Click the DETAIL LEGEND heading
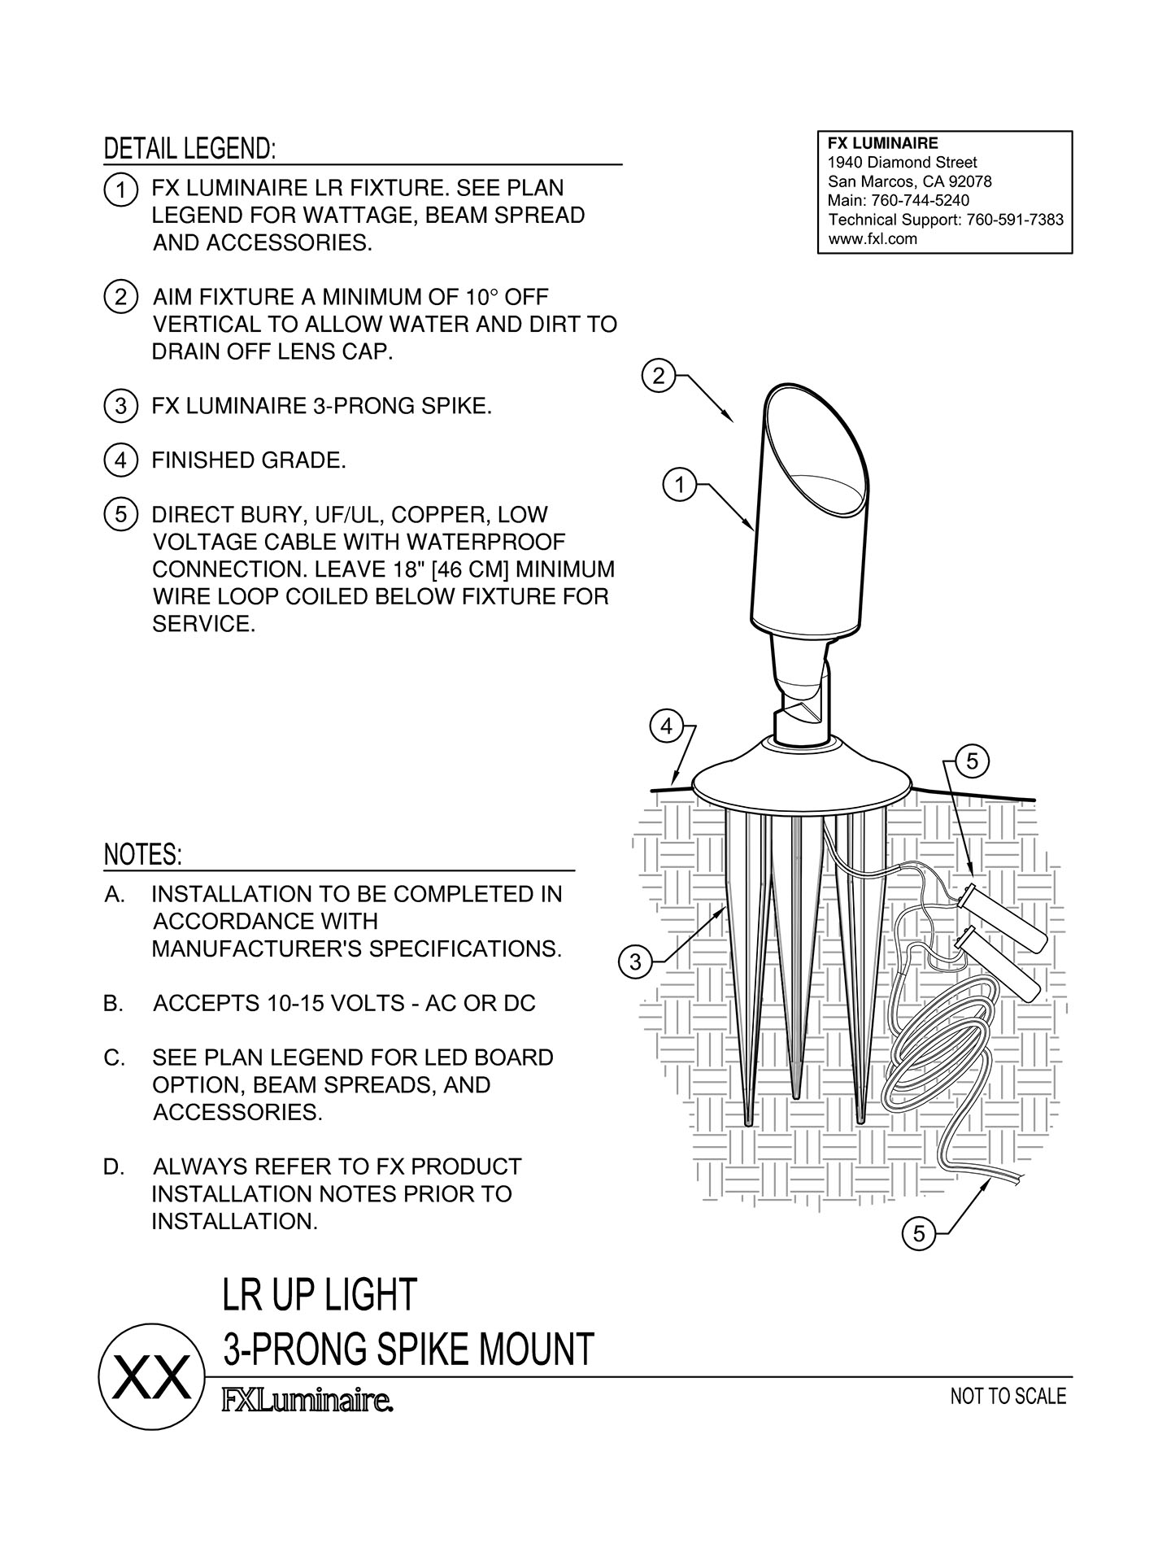click(x=189, y=149)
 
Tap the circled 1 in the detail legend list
click(x=120, y=190)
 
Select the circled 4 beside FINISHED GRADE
click(x=120, y=461)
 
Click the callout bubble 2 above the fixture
click(x=658, y=376)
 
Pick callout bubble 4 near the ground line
click(x=666, y=726)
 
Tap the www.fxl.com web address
click(x=872, y=239)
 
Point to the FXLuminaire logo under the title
click(x=307, y=1402)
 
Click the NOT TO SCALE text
click(x=1008, y=1397)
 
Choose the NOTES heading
click(x=143, y=855)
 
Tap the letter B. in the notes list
click(x=114, y=1004)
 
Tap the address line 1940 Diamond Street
click(x=902, y=163)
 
